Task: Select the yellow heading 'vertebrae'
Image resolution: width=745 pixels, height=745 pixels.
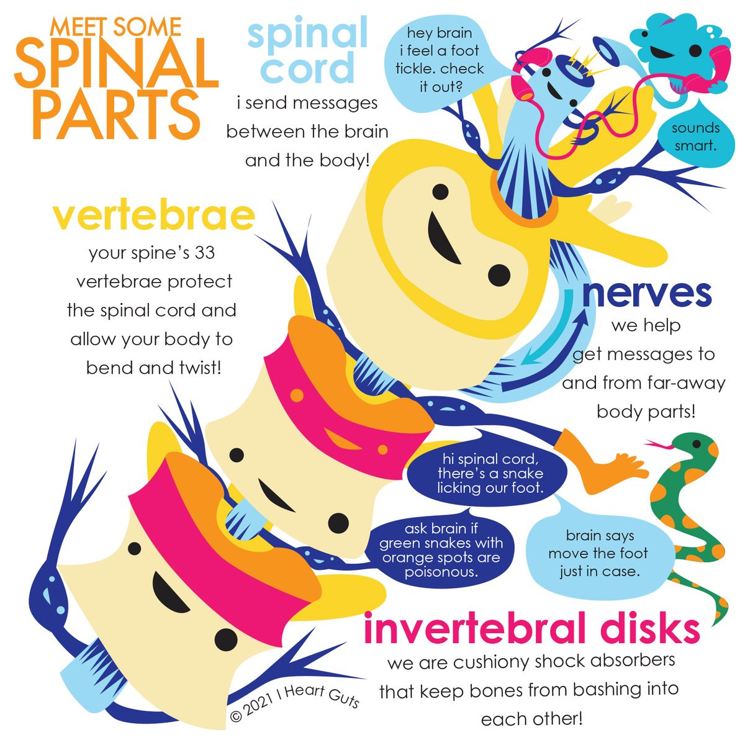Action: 153,215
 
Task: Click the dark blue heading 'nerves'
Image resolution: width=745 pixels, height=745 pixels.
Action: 646,293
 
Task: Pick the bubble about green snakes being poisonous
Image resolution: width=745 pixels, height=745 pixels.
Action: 441,550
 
